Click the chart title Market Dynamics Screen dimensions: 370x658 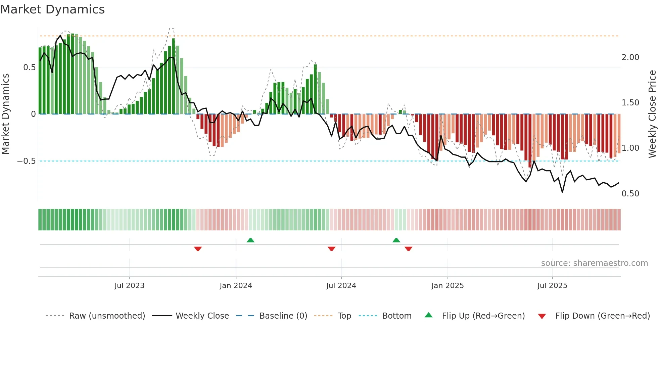point(52,9)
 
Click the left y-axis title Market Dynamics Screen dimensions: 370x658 point(5,114)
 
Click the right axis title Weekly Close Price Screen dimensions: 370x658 point(652,114)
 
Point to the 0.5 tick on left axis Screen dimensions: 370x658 point(29,67)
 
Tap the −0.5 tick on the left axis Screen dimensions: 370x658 point(27,161)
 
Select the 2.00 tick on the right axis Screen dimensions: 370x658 point(630,57)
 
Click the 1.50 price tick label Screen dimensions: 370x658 point(630,103)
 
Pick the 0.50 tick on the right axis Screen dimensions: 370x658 point(630,194)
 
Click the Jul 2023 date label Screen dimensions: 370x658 point(129,286)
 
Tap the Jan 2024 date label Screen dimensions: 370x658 point(236,286)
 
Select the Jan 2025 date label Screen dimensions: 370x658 point(447,286)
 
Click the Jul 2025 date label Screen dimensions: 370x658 point(552,286)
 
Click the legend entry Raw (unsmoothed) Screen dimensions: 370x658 point(107,316)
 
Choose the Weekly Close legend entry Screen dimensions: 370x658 point(202,316)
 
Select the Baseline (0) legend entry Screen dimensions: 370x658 point(283,316)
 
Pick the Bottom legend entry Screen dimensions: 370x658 point(396,316)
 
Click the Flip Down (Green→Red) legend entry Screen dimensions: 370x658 point(602,316)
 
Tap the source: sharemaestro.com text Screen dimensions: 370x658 point(594,263)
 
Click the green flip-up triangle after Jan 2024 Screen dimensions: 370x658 point(250,240)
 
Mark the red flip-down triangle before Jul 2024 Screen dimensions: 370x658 point(331,249)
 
